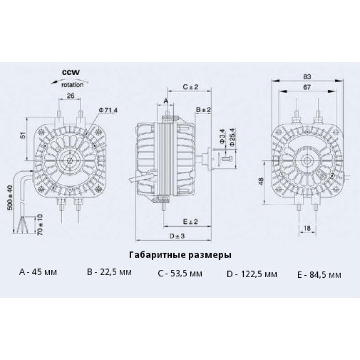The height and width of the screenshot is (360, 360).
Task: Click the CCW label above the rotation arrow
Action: [71, 73]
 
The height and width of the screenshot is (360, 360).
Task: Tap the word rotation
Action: [73, 85]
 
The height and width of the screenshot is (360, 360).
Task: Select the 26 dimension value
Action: [70, 96]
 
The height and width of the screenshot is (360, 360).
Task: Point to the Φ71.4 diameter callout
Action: [108, 111]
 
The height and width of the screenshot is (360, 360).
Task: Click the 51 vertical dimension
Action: [23, 135]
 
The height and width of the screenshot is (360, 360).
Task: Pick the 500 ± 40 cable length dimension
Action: [10, 197]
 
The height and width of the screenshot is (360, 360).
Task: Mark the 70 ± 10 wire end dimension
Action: [40, 224]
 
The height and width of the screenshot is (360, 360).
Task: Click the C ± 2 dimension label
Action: [190, 87]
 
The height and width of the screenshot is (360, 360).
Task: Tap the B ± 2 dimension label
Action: [203, 110]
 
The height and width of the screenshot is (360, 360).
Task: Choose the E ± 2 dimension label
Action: [190, 222]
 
